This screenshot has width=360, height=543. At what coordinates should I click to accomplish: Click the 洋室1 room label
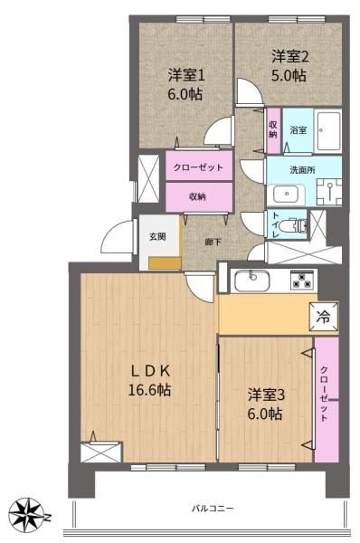point(186,75)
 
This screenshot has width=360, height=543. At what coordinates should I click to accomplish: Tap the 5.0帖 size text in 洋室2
point(289,75)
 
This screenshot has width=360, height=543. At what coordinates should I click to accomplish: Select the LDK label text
point(150,371)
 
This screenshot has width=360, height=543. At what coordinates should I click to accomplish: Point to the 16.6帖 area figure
point(149,390)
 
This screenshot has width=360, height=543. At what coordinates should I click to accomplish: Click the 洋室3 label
point(266,395)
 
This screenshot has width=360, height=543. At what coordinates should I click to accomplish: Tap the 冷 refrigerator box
point(324,317)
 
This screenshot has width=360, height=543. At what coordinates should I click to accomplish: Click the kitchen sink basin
point(252,281)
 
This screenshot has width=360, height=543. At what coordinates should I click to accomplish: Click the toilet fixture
point(297,225)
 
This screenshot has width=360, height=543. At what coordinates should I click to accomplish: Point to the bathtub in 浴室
point(328,130)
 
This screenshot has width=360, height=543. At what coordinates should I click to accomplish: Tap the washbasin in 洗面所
point(287,195)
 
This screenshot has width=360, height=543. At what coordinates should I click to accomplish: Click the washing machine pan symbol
point(329,192)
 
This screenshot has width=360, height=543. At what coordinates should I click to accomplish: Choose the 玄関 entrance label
point(157,237)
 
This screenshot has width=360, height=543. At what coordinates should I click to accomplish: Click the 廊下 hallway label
point(213,242)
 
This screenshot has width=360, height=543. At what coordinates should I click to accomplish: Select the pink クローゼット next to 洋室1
point(199,166)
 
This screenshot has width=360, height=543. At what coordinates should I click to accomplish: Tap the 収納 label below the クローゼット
point(197,196)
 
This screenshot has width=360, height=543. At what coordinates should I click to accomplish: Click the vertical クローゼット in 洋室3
point(327,400)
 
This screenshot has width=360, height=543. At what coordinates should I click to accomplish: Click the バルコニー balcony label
point(213,509)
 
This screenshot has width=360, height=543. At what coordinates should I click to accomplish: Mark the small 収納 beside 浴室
point(273,130)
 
